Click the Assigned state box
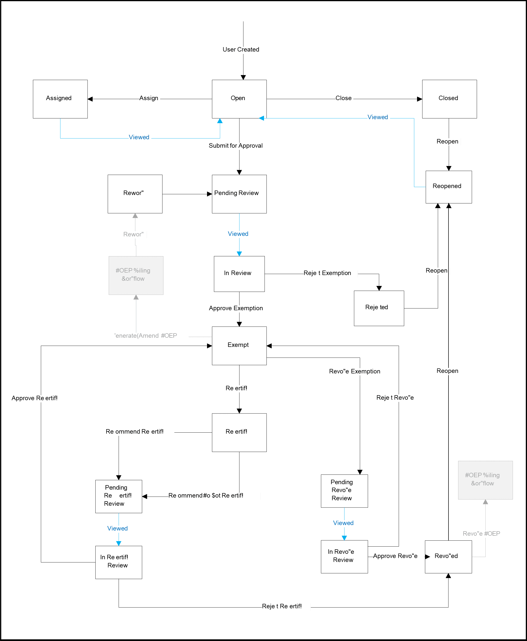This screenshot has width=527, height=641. tap(60, 99)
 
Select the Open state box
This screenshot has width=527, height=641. tap(239, 99)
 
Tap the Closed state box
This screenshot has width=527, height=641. tap(449, 99)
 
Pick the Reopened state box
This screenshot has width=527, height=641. tap(448, 187)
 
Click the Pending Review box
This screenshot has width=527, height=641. tap(239, 194)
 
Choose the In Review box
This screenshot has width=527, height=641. tap(239, 274)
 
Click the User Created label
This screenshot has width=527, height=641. tap(241, 50)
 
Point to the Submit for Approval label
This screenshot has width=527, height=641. tap(236, 146)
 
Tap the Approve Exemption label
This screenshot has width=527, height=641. tap(236, 308)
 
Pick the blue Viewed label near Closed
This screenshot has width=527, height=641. tap(378, 117)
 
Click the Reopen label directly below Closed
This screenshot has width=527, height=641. tap(448, 142)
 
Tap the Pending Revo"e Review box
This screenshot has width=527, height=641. tap(344, 491)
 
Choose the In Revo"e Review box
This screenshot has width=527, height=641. tap(344, 556)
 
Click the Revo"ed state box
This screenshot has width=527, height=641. tap(448, 556)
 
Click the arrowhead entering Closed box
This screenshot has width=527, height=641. tap(419, 99)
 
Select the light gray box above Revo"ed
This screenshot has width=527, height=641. tap(485, 480)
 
